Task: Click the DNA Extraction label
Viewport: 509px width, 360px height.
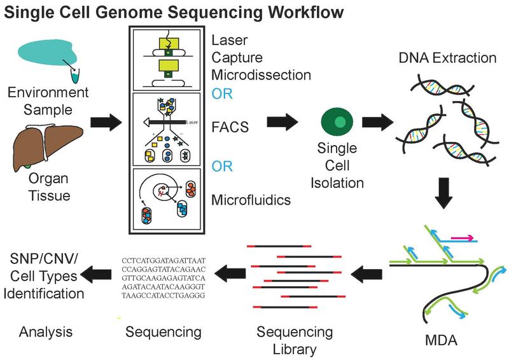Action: [438, 58]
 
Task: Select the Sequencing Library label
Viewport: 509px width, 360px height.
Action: [295, 340]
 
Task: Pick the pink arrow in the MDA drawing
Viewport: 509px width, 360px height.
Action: [463, 238]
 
